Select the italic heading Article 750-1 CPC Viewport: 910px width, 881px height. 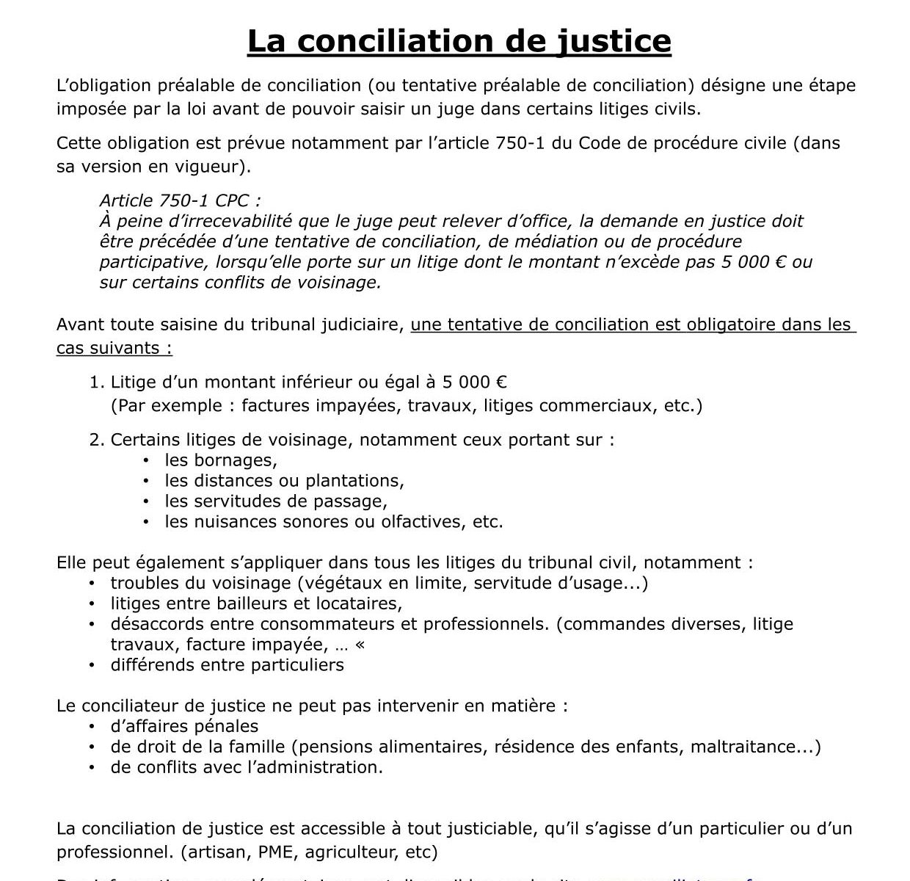180,200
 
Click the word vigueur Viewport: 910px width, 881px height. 212,167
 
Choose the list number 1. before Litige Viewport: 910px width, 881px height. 97,382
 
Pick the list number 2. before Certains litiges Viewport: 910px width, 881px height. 97,440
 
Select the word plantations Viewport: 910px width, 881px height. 355,481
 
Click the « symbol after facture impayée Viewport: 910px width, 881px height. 359,645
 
